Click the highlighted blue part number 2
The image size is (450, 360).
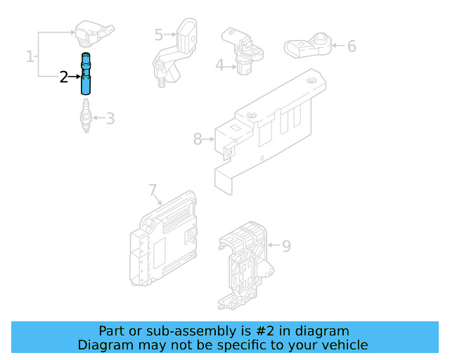pos(86,74)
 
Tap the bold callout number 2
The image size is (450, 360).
pos(64,77)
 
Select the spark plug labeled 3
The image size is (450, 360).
pos(86,116)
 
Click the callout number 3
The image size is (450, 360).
pos(110,118)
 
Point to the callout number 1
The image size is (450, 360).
pos(30,56)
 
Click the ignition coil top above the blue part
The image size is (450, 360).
pos(94,33)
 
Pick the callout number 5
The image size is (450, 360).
pos(159,34)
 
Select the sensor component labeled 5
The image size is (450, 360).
pos(175,51)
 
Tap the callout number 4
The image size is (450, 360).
pos(219,65)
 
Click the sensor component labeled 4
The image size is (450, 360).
pos(243,51)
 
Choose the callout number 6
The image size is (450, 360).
pos(352,46)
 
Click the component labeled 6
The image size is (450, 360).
pos(308,46)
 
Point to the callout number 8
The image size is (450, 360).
pos(198,139)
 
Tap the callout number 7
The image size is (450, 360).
pos(153,190)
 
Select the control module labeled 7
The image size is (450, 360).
pos(164,239)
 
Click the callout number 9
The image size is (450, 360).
pos(286,245)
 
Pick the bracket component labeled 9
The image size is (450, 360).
pos(245,265)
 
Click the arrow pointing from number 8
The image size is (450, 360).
pos(208,139)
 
